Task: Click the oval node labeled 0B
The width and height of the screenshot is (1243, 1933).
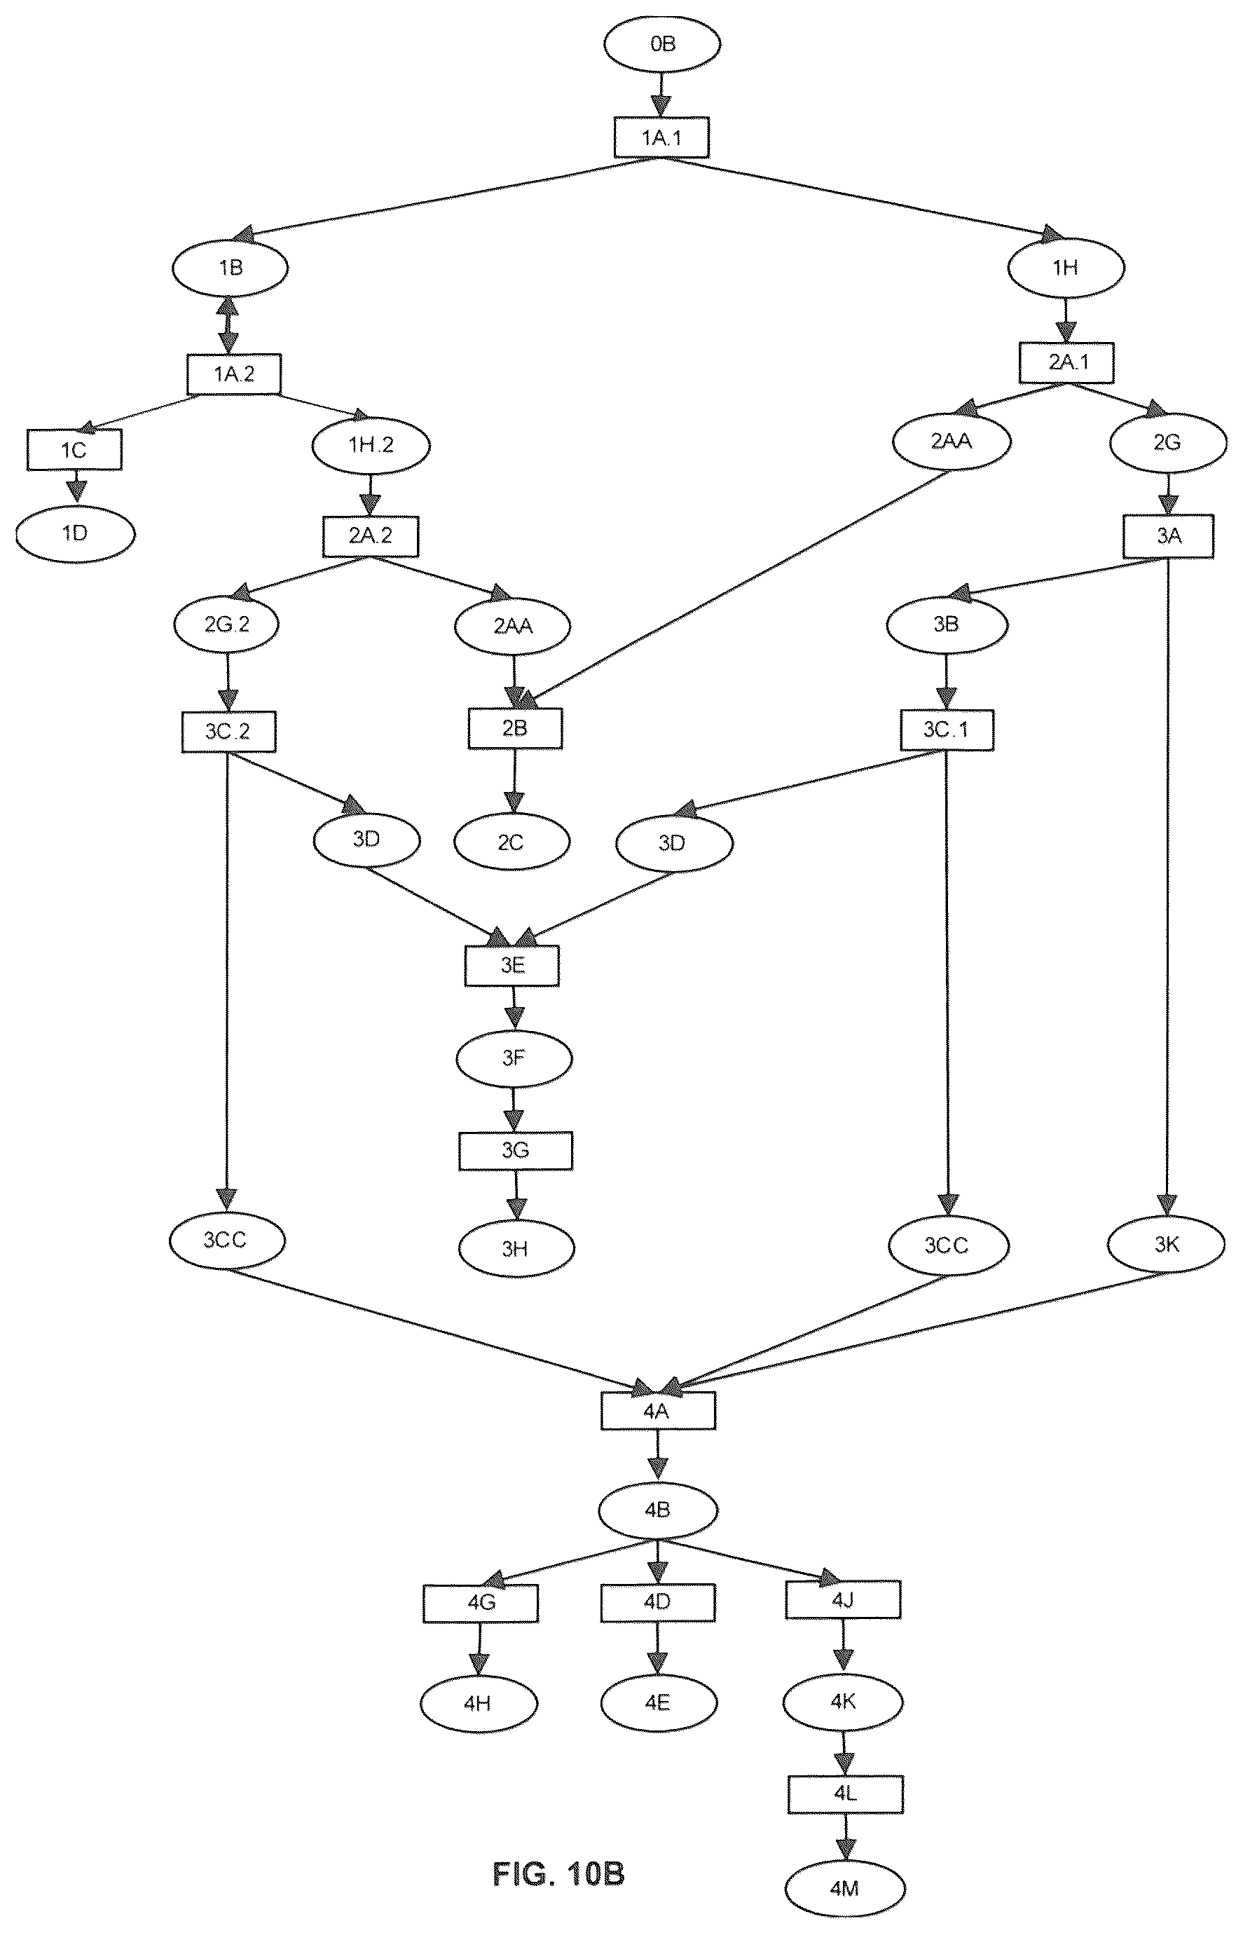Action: pyautogui.click(x=662, y=44)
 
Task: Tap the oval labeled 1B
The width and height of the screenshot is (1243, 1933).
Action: pyautogui.click(x=230, y=267)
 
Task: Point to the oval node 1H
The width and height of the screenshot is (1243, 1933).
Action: pyautogui.click(x=1066, y=267)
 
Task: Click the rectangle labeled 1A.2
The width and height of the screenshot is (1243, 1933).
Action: pyautogui.click(x=234, y=374)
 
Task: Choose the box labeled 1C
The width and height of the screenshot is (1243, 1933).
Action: pyautogui.click(x=74, y=450)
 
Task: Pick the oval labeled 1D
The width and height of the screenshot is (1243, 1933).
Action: pyautogui.click(x=75, y=533)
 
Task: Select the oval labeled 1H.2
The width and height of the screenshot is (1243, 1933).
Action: pyautogui.click(x=371, y=445)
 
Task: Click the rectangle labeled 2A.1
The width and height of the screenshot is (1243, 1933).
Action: pyautogui.click(x=1067, y=362)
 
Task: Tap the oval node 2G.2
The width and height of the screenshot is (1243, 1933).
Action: pyautogui.click(x=227, y=624)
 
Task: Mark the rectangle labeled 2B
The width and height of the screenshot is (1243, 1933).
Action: pyautogui.click(x=515, y=728)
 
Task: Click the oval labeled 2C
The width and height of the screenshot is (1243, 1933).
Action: pyautogui.click(x=511, y=843)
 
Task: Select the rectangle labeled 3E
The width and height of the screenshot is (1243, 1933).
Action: pyautogui.click(x=511, y=966)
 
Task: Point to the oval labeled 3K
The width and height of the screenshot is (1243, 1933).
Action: pyautogui.click(x=1167, y=1244)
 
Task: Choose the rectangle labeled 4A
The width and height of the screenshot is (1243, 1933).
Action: pyautogui.click(x=658, y=1411)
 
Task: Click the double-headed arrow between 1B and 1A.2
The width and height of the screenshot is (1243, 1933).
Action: pyautogui.click(x=228, y=325)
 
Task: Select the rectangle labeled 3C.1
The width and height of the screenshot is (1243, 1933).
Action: pyautogui.click(x=947, y=730)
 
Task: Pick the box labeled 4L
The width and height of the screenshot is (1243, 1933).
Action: pyautogui.click(x=845, y=1794)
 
